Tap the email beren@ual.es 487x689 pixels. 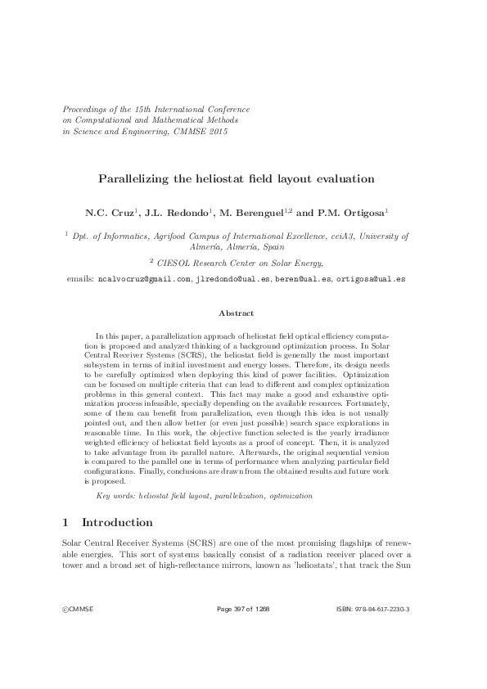(304, 279)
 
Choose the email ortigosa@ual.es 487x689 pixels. (371, 279)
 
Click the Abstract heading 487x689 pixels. (237, 313)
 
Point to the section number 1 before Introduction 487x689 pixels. (65, 522)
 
